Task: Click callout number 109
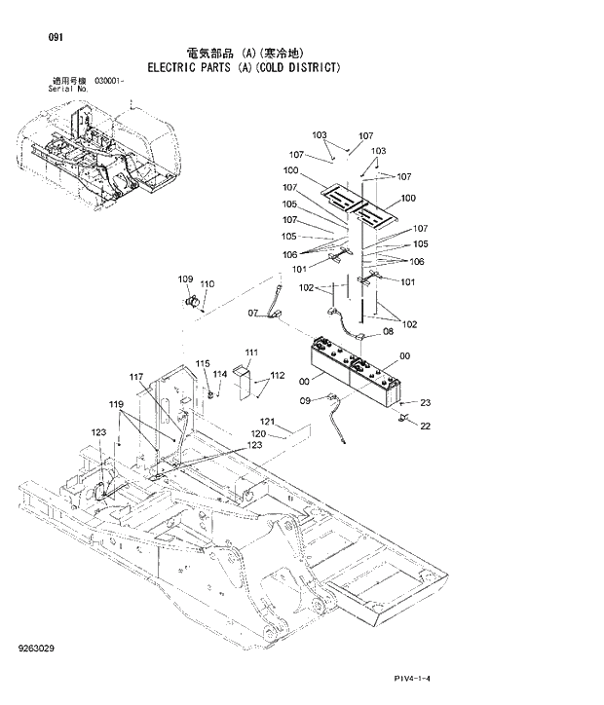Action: [x=185, y=280]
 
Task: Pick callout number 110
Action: [x=207, y=284]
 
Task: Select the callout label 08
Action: [x=387, y=331]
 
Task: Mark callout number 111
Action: [x=251, y=352]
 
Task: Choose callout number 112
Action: [x=278, y=376]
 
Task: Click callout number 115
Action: [x=203, y=363]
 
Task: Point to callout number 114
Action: [x=220, y=374]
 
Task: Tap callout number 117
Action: [x=136, y=377]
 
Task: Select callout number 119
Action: [x=116, y=404]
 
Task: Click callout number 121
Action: [x=268, y=422]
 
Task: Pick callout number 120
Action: [x=259, y=433]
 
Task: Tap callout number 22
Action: [x=425, y=424]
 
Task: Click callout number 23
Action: [x=425, y=402]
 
